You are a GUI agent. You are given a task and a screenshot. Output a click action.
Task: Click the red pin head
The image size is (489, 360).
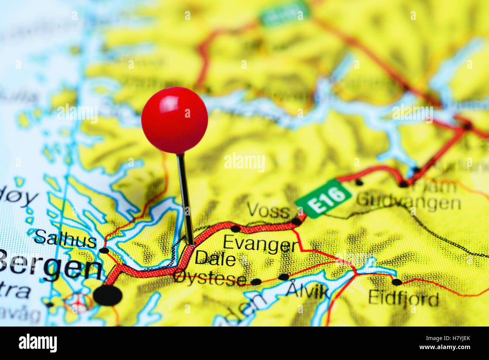pos(175,120)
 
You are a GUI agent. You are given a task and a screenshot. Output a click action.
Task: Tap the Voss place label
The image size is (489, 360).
pos(268,211)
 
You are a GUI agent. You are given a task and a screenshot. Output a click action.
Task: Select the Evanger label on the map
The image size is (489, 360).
pos(260,244)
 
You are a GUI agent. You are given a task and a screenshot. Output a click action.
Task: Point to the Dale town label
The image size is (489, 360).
pos(215,259)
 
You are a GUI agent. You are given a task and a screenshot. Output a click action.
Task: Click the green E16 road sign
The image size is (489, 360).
pos(323,198)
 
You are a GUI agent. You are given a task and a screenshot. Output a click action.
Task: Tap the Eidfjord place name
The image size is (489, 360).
pos(403,299)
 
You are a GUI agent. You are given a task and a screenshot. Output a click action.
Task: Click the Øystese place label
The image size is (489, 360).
pos(210,279)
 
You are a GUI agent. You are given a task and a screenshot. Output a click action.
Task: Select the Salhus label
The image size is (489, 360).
pos(65,239)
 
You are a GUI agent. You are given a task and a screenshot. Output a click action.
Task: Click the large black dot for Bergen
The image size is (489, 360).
pos(108,295)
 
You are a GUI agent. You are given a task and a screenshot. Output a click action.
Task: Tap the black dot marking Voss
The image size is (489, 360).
pos(296,222)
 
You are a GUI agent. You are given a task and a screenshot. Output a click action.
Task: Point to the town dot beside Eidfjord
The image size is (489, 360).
pos(396,282)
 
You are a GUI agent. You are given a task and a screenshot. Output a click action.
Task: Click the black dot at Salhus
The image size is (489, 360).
pos(104,250)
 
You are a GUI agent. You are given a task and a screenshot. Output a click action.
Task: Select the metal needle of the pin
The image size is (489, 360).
pos(185,199)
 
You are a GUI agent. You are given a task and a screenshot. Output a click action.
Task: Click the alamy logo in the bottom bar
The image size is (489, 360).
pos(38,343)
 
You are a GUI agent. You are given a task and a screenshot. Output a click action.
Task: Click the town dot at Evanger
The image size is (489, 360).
pos(235,228)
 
